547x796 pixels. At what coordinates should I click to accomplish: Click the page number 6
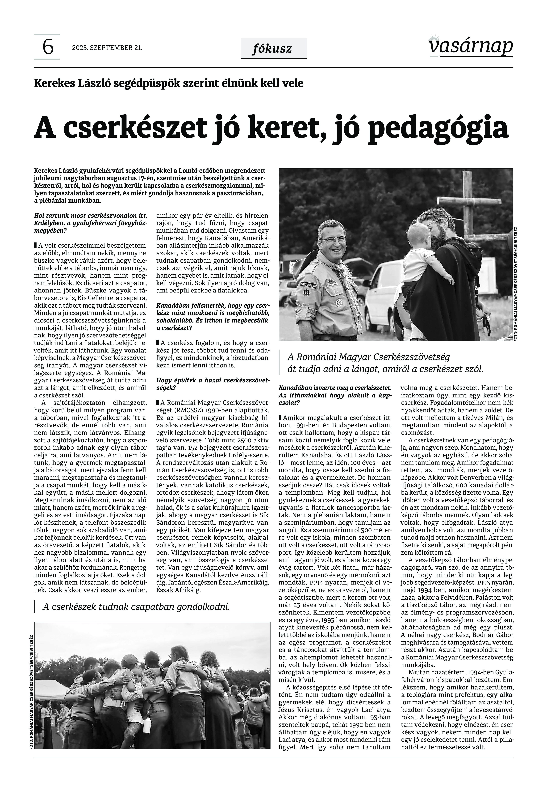pyautogui.click(x=48, y=47)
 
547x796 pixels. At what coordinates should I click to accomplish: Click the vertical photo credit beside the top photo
pyautogui.click(x=516, y=285)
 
